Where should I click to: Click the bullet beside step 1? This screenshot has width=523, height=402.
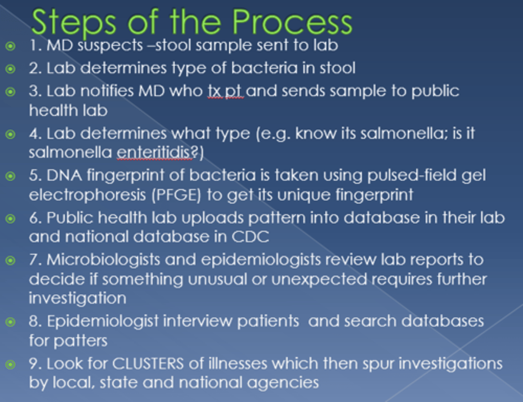pyautogui.click(x=11, y=46)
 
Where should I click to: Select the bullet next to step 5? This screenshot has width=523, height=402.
pyautogui.click(x=11, y=176)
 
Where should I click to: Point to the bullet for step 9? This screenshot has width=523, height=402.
pyautogui.click(x=11, y=364)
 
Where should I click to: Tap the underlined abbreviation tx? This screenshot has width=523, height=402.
pyautogui.click(x=214, y=91)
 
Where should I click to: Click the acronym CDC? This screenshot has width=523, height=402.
pyautogui.click(x=250, y=237)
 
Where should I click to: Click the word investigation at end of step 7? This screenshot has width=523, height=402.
pyautogui.click(x=77, y=298)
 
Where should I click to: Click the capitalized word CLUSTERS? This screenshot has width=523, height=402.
pyautogui.click(x=148, y=364)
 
